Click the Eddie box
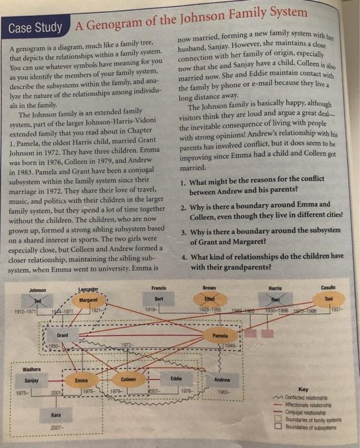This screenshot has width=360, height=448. click(x=169, y=379)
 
